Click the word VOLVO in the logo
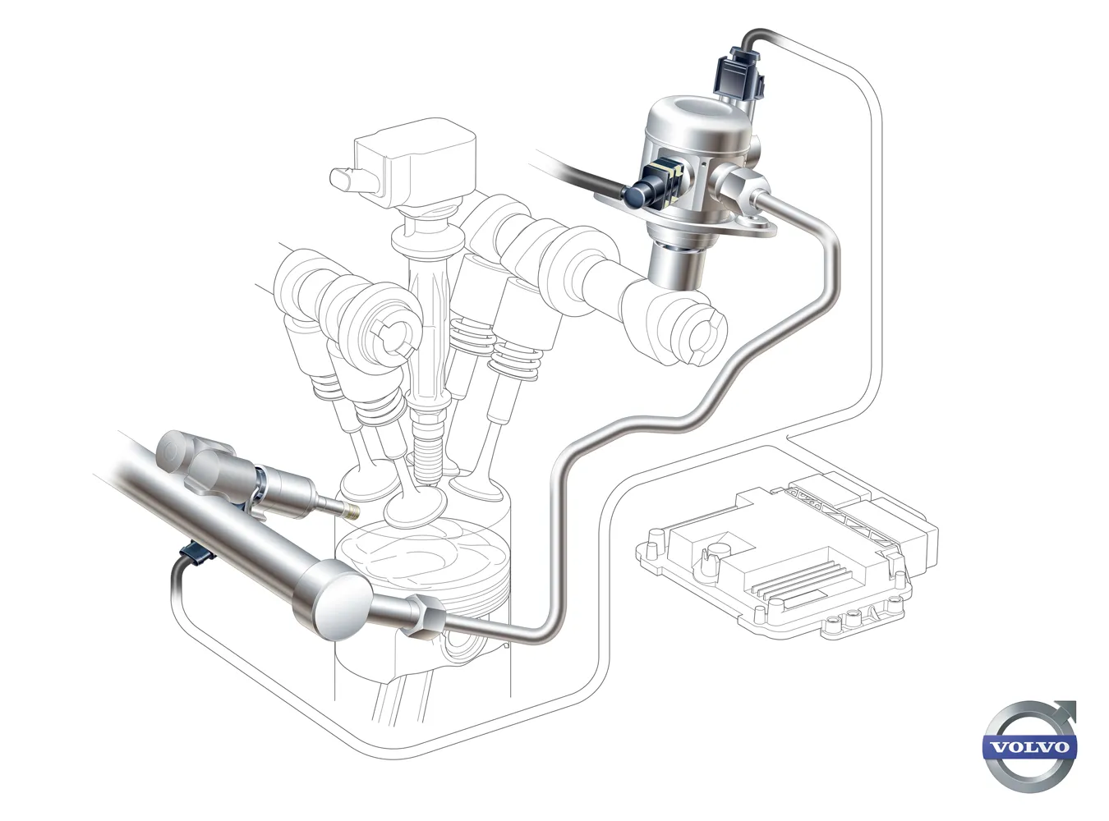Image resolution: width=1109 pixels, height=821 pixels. [x=1030, y=760]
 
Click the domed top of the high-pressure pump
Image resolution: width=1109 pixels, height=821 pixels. [x=700, y=118]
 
